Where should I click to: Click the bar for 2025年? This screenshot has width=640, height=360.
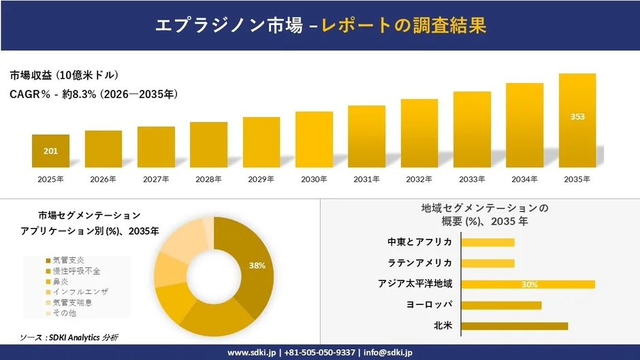point(50,151)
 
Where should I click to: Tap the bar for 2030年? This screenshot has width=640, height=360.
point(314,140)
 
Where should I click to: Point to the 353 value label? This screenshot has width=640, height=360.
point(577,116)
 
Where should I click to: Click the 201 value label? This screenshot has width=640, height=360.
point(50,151)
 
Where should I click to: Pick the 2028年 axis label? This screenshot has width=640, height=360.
point(208,179)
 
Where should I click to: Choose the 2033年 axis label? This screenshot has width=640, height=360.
point(472,179)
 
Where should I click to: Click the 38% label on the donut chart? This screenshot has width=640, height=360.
point(257,265)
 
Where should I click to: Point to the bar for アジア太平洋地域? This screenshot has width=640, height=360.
point(528,284)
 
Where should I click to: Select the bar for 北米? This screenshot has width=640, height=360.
point(514,326)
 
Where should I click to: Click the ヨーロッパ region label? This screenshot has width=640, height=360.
point(429,305)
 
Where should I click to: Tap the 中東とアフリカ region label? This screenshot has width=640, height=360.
point(419,242)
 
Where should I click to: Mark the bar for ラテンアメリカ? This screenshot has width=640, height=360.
point(487,263)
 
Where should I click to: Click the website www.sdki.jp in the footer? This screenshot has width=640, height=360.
point(251,352)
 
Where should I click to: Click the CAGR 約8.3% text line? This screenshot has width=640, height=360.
point(94,94)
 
